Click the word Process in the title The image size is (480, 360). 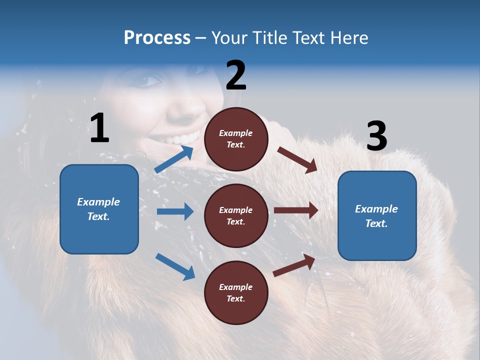coord(157,38)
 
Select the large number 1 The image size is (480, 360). coord(99,128)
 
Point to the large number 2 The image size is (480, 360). coord(236,75)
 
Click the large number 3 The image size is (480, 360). coord(376,136)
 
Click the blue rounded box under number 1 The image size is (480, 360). coord(99,209)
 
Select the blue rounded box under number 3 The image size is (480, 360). coord(377,215)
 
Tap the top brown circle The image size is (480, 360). coord(236,139)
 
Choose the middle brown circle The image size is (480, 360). coord(236,215)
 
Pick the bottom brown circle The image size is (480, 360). coord(236,292)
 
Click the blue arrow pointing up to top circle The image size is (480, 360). coord(174,159)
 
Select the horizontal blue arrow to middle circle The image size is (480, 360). coord(175,211)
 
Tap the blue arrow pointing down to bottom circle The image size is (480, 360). coord(175,266)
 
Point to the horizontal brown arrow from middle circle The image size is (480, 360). coord(296,210)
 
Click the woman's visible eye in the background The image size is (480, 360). coord(149,80)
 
